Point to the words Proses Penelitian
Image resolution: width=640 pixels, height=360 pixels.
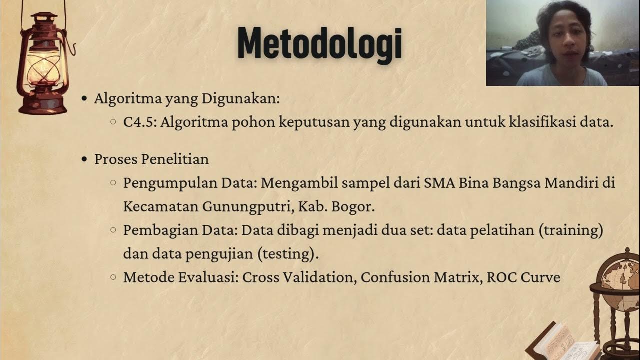(x=151, y=159)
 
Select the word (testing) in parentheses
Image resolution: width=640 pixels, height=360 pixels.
(x=288, y=254)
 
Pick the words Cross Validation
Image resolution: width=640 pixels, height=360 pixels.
(x=298, y=278)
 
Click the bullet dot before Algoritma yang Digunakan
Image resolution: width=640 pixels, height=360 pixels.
(x=84, y=99)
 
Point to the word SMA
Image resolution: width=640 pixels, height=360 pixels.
(x=438, y=182)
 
